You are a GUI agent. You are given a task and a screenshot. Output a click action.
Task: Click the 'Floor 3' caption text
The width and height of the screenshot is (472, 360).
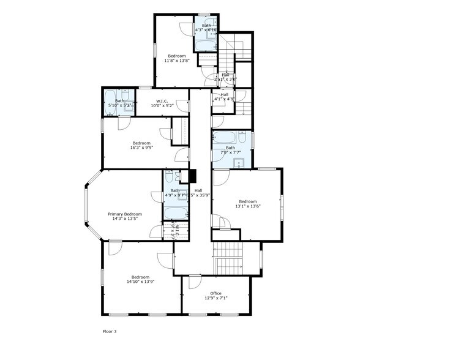point(109,331)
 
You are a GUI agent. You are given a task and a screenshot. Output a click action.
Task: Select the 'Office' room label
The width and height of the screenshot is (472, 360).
point(215,293)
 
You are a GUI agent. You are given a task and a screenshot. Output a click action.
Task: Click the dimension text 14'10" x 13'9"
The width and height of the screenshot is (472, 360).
point(140,282)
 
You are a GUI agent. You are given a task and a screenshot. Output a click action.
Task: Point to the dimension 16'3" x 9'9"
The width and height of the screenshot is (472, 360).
point(141,148)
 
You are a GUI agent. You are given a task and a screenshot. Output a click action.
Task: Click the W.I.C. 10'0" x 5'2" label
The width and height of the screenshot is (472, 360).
point(162,103)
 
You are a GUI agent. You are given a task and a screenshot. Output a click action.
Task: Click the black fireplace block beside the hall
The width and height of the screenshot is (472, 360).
point(192,176)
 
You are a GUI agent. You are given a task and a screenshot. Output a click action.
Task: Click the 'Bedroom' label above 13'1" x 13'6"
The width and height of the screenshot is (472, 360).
point(248,201)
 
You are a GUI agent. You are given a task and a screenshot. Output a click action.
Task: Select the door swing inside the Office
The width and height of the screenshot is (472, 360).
point(194,282)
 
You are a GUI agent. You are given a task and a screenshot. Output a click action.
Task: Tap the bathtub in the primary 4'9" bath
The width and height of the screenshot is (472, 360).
point(176,212)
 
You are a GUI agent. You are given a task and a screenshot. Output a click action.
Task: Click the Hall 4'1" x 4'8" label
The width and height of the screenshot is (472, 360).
point(224,97)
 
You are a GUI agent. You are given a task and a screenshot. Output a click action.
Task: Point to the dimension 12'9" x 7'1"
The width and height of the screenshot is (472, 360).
point(215,299)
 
